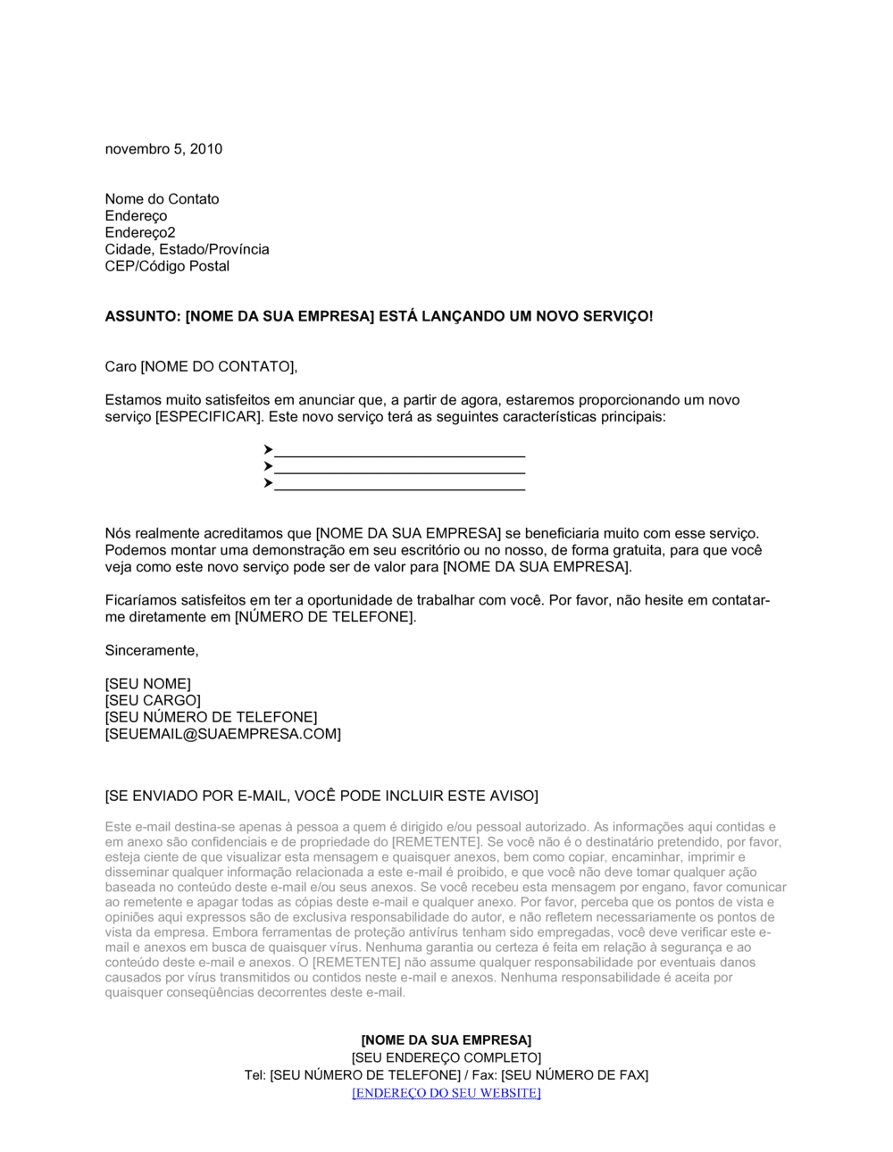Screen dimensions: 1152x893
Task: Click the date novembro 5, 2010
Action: click(x=163, y=149)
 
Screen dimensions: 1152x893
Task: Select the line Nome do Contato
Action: click(x=162, y=199)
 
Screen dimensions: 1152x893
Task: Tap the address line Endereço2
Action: click(x=140, y=233)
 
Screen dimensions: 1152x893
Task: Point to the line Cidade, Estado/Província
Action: click(x=187, y=250)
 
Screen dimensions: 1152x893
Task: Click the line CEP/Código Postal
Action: click(x=167, y=266)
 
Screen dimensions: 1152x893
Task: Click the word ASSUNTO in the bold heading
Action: click(x=141, y=316)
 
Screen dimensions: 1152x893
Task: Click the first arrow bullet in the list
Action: click(x=268, y=449)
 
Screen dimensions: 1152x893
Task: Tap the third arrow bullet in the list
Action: click(x=268, y=483)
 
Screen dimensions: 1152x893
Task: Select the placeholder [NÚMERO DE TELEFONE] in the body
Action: click(x=325, y=617)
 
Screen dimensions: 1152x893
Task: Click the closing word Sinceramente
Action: click(x=152, y=651)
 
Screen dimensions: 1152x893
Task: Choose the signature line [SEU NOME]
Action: click(x=147, y=684)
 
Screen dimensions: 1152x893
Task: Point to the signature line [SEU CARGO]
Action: click(x=153, y=701)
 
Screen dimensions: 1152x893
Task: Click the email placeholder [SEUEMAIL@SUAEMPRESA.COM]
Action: click(x=222, y=734)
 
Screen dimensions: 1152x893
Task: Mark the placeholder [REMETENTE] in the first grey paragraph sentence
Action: click(x=436, y=842)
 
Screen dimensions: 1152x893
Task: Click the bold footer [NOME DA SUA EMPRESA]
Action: click(x=446, y=1040)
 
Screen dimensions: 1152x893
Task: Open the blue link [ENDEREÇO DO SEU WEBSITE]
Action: click(x=446, y=1093)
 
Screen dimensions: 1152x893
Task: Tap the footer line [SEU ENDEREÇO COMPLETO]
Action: click(x=446, y=1058)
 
